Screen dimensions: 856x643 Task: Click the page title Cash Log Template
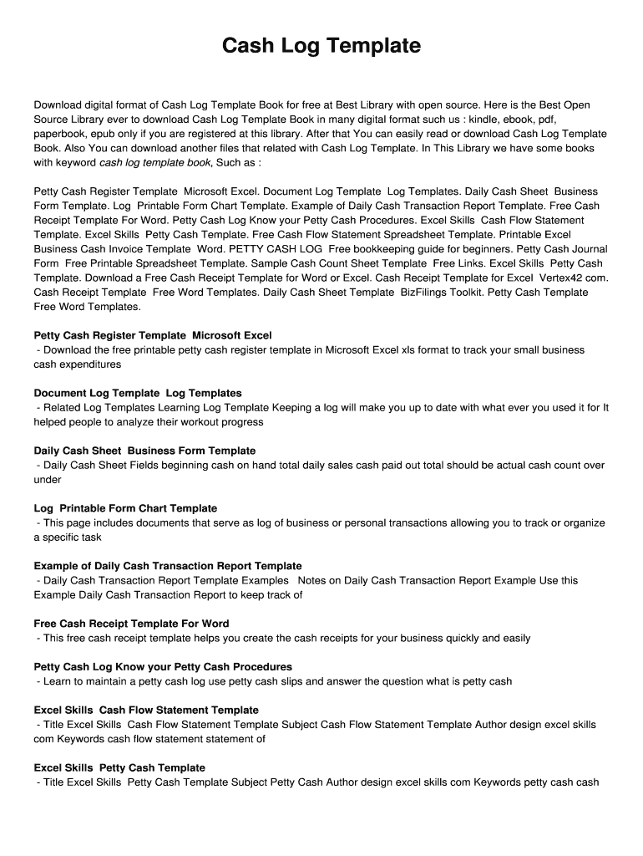[x=321, y=46]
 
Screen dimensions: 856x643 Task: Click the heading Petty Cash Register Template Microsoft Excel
[x=153, y=335]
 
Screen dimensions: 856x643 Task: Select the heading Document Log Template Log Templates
[x=138, y=393]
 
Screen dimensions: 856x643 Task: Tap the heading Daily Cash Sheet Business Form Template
[x=144, y=451]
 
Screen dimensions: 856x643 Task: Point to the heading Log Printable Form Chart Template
[x=125, y=508]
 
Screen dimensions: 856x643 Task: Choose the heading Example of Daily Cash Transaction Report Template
[x=168, y=566]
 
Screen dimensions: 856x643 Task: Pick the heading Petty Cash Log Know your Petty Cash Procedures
[x=163, y=667]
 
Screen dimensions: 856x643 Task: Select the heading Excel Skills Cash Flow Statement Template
[x=146, y=711]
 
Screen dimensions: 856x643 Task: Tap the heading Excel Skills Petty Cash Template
[x=119, y=767]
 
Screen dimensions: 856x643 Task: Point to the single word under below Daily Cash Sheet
[x=48, y=480]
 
